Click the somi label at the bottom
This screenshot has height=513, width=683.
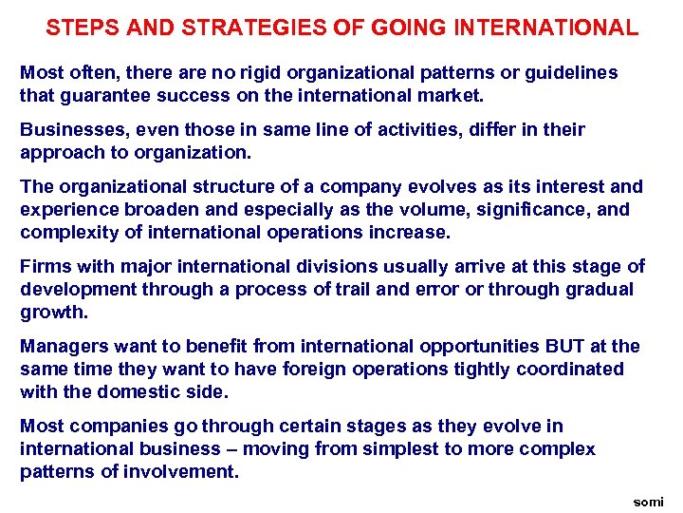pos(649,501)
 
